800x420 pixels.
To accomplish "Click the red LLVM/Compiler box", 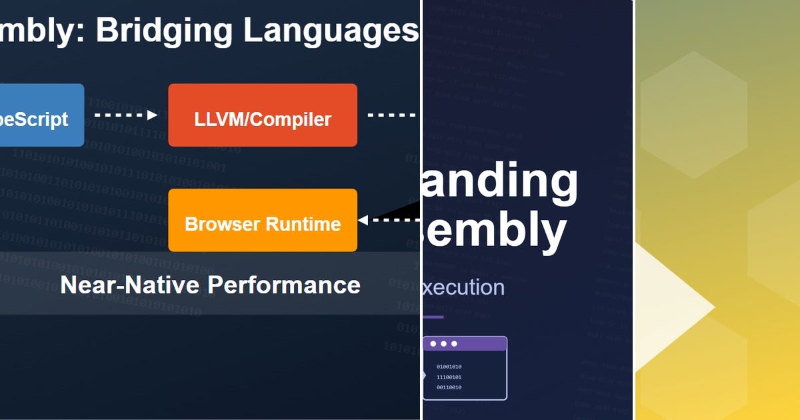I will (262, 115).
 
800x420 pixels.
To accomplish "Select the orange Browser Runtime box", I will (262, 221).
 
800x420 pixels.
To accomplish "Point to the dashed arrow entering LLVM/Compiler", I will (127, 115).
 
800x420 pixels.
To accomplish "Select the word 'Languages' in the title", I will (331, 31).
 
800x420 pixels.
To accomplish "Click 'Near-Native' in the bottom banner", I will (131, 285).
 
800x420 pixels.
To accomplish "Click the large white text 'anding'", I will (500, 182).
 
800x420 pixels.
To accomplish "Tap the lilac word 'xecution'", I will (464, 287).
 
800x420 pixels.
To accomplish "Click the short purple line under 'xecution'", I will (433, 317).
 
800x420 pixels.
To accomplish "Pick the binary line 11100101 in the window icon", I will (449, 377).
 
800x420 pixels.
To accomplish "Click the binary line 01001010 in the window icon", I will (449, 367).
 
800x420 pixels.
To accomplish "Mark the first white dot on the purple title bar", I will (433, 344).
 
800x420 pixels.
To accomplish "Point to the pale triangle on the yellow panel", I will (673, 307).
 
